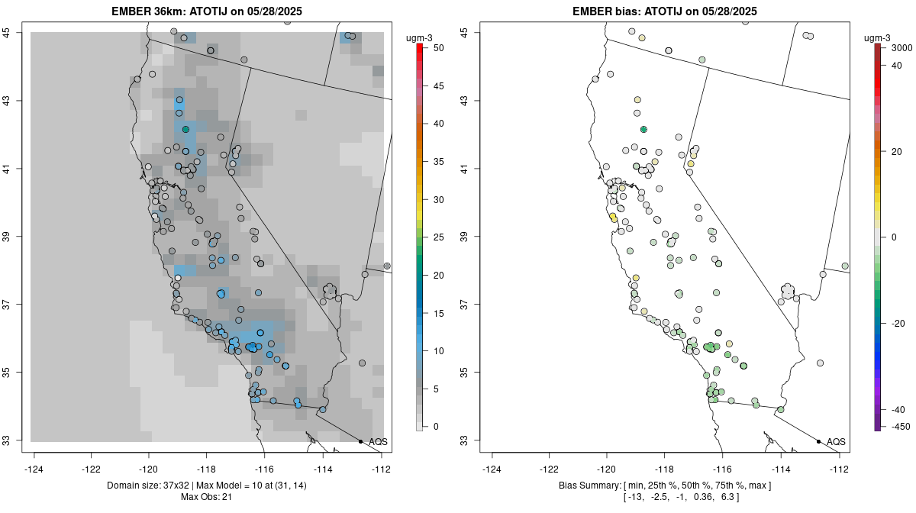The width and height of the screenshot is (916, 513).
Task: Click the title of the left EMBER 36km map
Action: pos(208,11)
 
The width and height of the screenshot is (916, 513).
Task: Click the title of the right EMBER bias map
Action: pos(665,11)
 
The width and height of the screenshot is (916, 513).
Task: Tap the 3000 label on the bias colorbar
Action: pos(904,48)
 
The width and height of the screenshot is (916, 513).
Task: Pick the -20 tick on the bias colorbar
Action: pos(898,323)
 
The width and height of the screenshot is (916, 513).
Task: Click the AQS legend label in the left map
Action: pos(378,442)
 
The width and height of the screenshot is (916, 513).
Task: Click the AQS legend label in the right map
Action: pos(836,442)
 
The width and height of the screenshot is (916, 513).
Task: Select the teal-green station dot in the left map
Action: pos(185,130)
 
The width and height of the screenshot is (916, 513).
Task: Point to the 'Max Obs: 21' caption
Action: pos(207,498)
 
